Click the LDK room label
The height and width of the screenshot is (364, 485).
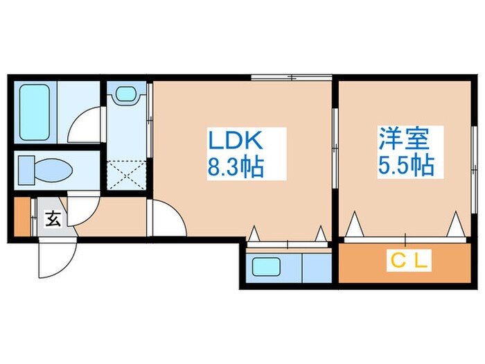[236, 141]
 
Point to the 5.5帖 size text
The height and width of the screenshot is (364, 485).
[405, 166]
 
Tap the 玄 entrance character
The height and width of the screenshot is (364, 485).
[53, 219]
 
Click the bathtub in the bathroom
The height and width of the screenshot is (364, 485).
[33, 111]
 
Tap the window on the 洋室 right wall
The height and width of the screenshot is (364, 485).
[473, 156]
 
